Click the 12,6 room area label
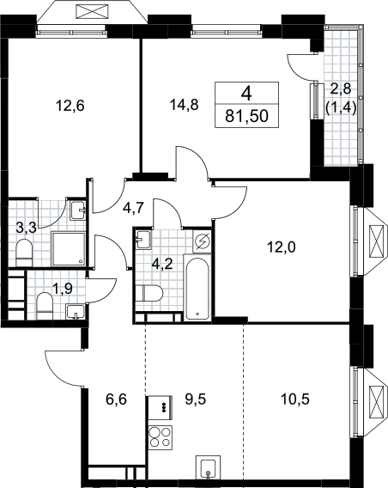tap(70, 107)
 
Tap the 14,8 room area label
tap(184, 105)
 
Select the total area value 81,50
tap(247, 116)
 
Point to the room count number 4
tap(246, 93)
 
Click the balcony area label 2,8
tap(341, 89)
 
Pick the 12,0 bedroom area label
tap(282, 247)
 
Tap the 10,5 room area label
tap(294, 399)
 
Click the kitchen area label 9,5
tap(196, 399)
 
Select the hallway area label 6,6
tap(116, 399)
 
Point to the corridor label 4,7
tap(133, 208)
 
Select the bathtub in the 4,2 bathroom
tap(197, 288)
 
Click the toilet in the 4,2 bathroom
tap(149, 293)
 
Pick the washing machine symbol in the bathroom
tap(202, 241)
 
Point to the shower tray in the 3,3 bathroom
tap(69, 248)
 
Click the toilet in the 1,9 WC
tap(45, 306)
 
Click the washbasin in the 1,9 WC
tap(76, 312)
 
